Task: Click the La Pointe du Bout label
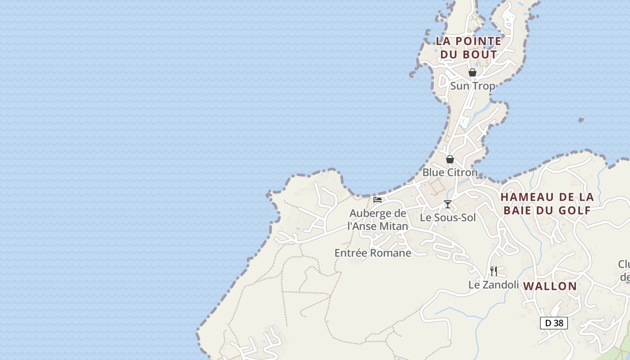468,48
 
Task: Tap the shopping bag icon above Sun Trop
472,72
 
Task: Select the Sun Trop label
472,86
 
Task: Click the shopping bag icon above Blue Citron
450,159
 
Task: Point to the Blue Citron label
450,172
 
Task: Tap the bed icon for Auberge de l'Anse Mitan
378,200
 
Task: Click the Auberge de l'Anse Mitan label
378,220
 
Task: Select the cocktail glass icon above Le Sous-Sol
447,204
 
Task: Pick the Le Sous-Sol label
447,218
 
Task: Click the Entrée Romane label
373,253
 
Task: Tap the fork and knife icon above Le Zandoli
494,271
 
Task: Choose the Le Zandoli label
494,285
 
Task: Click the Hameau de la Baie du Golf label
547,203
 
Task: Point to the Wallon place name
550,286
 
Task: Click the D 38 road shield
553,323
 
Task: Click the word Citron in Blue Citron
462,172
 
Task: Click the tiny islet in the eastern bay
581,120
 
